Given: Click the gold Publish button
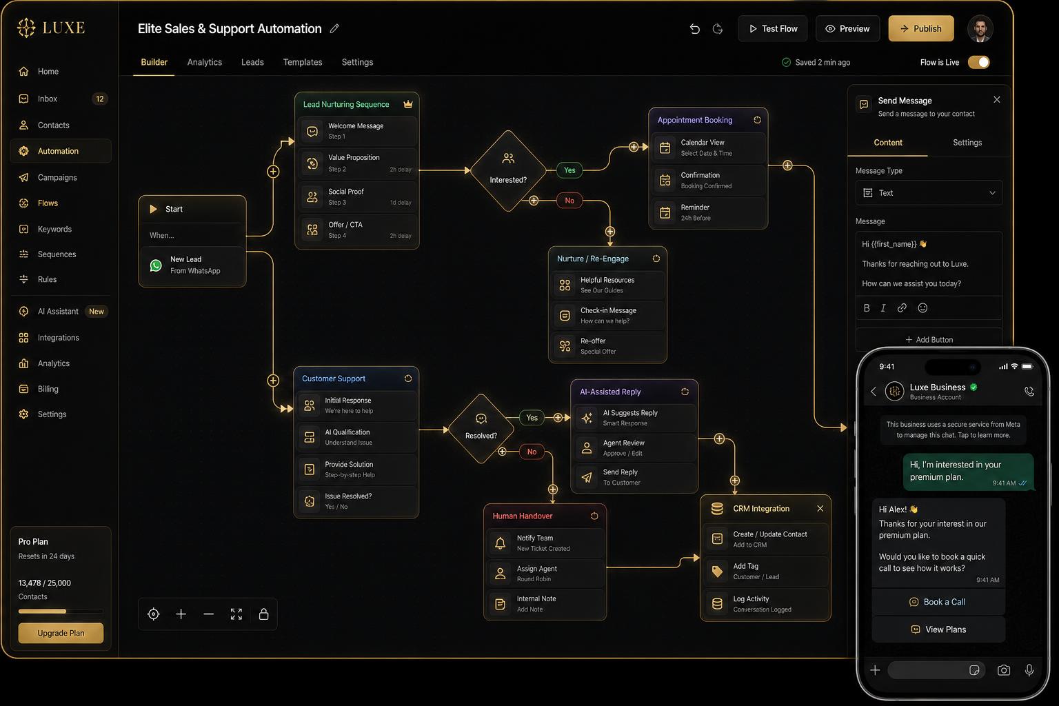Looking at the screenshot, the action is (920, 28).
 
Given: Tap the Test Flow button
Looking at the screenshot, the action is (772, 28).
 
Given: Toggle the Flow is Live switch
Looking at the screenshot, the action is (978, 63).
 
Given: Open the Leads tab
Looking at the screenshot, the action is (252, 62).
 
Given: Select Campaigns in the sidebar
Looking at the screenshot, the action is (57, 177).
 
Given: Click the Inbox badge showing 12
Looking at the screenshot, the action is (100, 99).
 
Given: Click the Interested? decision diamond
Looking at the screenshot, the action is (508, 171).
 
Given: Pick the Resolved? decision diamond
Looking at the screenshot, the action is (481, 428).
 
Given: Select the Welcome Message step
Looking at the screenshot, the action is (357, 131).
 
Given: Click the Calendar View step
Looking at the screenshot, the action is (707, 148).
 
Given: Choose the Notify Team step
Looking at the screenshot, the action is (545, 543).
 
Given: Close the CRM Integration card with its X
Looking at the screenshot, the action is (820, 508).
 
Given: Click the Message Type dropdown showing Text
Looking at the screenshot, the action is (929, 193).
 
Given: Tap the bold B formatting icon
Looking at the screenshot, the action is (867, 307).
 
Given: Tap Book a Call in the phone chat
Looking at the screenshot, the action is (938, 601).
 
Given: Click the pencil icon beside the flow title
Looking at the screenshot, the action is (334, 28).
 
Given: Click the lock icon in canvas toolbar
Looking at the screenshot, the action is (264, 614).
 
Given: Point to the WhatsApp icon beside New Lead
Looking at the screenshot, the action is (156, 265).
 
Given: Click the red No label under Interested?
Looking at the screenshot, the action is (569, 201).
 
